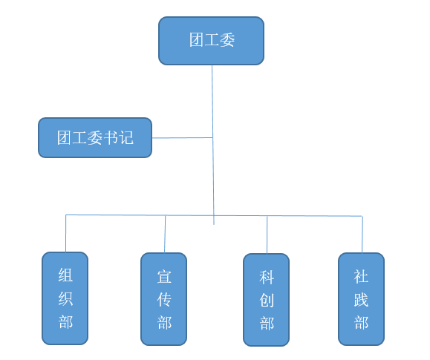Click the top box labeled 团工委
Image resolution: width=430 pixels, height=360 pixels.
coord(211,41)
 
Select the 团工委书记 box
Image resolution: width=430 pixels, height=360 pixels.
coord(95,137)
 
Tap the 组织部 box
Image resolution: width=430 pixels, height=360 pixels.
coord(65,298)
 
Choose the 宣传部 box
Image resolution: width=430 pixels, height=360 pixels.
coord(164,299)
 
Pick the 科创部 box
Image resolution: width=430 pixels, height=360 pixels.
coord(267,300)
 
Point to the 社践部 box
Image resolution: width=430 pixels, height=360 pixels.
coord(361,299)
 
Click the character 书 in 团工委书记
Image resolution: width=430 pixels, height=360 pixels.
coord(111,137)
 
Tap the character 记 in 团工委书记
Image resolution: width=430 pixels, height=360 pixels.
coord(126,137)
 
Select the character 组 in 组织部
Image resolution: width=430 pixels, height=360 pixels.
coord(65,275)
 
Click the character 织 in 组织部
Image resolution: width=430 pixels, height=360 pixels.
coord(65,298)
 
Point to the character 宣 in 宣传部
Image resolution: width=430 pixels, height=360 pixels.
coord(164,277)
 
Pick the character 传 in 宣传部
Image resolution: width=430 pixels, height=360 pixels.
coord(164,299)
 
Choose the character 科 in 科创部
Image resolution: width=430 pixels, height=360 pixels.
coord(267,278)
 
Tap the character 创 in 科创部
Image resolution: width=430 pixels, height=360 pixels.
coord(267,300)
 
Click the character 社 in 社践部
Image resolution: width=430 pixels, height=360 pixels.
coord(361,276)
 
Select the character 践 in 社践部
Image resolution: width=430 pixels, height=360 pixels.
coord(361,299)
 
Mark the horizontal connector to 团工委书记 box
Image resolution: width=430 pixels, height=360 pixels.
coord(183,137)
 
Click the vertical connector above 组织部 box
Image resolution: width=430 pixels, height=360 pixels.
coord(66,233)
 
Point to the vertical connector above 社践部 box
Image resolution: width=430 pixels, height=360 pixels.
coord(362,235)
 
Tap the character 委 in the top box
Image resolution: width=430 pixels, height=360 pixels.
coord(227,40)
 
